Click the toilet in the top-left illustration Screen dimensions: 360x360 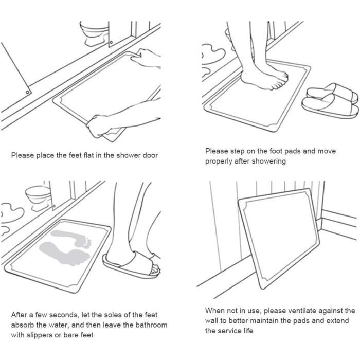click(x=95, y=33)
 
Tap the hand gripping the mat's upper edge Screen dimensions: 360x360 click(x=146, y=58)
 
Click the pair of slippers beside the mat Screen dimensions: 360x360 click(x=330, y=101)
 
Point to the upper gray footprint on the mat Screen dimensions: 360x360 click(x=71, y=239)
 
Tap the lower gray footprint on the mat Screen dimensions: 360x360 click(x=64, y=254)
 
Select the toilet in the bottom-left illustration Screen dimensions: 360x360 click(x=39, y=198)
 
